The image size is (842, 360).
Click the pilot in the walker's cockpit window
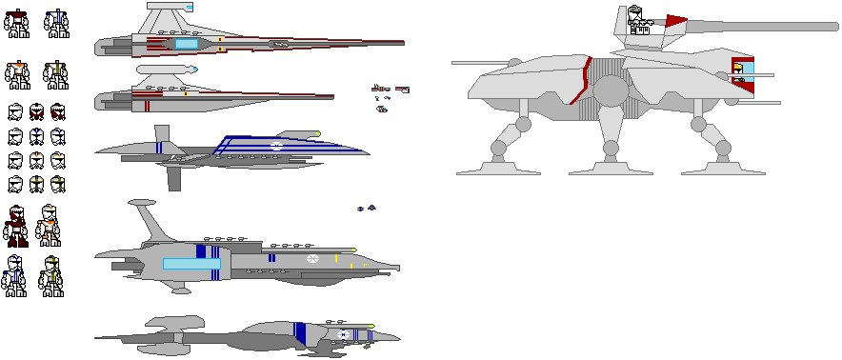point(738,71)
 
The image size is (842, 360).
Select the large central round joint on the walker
point(611,90)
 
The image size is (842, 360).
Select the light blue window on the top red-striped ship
point(185,44)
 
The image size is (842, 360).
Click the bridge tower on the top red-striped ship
point(168,18)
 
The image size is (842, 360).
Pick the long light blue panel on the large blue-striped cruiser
point(190,263)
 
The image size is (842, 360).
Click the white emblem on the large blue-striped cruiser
point(311,258)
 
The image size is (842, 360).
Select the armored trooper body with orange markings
point(17,74)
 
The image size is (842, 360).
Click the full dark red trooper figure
point(16,227)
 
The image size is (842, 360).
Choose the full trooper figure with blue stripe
point(15,276)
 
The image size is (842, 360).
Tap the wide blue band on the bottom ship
point(300,332)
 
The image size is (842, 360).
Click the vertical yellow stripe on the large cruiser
point(350,260)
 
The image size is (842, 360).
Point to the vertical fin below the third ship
point(174,177)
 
